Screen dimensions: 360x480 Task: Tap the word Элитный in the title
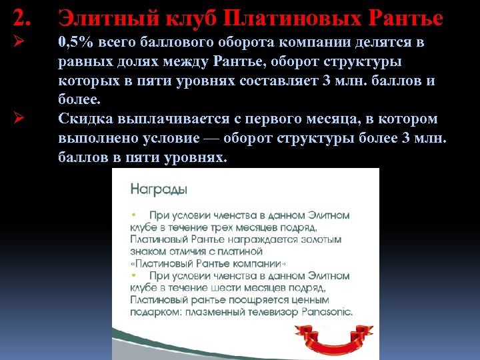point(98,18)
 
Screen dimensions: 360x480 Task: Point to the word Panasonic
point(329,311)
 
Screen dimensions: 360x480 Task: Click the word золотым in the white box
point(319,239)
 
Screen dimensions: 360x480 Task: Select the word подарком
point(154,311)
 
